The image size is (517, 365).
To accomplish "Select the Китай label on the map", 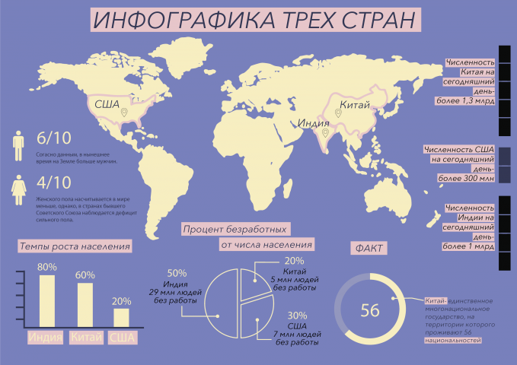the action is (x=353, y=104).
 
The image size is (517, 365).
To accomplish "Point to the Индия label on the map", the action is (x=314, y=122).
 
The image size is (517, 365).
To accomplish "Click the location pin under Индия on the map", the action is (x=325, y=134).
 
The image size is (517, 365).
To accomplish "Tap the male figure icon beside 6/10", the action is (x=18, y=145).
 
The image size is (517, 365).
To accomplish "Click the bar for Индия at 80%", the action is (x=47, y=301).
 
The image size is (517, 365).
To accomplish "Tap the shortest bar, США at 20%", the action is (x=121, y=318).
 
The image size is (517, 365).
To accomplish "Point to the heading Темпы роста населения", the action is (x=75, y=246).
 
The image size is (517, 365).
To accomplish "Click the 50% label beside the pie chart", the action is (x=177, y=273).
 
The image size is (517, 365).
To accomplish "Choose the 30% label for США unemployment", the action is (x=297, y=316).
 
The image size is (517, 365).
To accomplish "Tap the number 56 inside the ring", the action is (x=370, y=310).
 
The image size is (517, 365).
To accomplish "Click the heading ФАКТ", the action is (x=369, y=249).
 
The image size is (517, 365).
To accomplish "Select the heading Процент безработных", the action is (x=235, y=228).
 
